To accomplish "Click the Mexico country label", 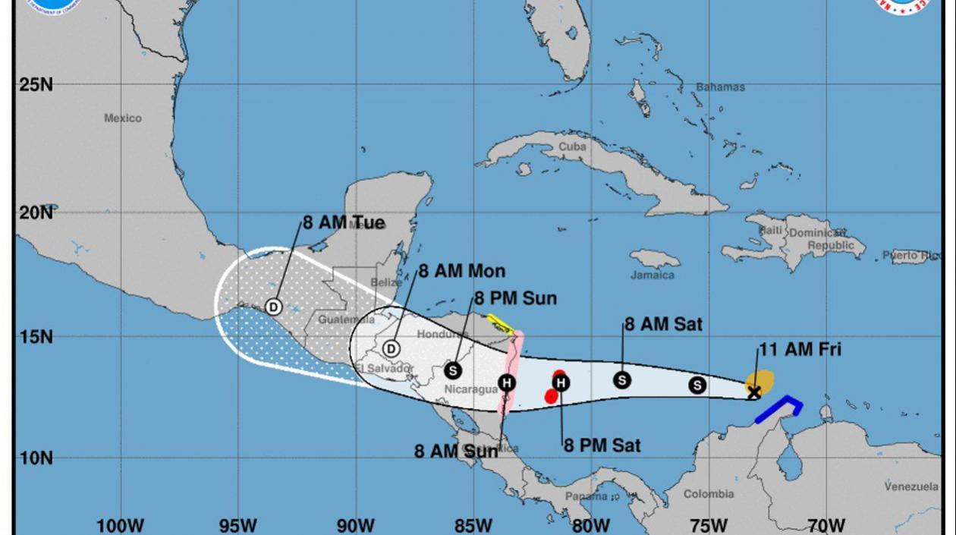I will coord(123,118).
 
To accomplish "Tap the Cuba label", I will coord(572,146).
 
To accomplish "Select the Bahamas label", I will coord(720,87).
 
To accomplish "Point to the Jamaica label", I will coord(652,275).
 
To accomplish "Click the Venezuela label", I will coord(911,486).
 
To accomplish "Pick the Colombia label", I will coord(709,494).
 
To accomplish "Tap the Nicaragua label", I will coord(470,389).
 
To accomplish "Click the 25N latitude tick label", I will coord(36,84).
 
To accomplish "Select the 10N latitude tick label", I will coord(36,458).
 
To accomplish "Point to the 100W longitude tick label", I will coord(121,525).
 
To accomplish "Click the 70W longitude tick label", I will coord(826,525).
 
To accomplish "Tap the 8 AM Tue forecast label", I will coord(344,223).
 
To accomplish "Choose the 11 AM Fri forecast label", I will coord(800,351).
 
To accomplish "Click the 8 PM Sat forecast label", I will coord(602,445).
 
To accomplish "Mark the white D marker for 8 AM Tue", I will coord(274,307).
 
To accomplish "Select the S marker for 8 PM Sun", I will coord(453,370).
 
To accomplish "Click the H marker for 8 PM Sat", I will coord(560,383).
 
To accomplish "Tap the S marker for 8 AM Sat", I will coord(622,379).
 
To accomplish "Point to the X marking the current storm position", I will coord(753,392).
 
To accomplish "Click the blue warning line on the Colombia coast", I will coord(781,405).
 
